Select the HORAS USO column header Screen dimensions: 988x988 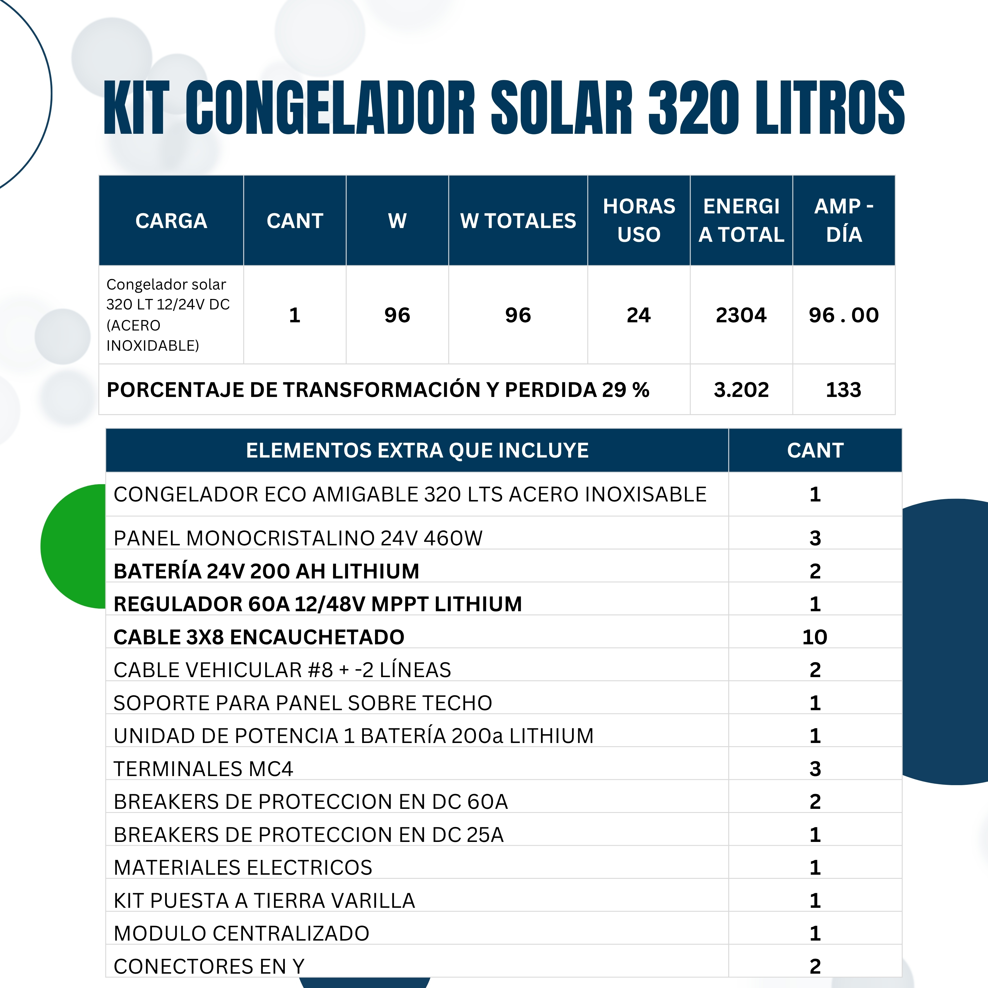click(x=639, y=220)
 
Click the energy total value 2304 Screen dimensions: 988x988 click(x=741, y=315)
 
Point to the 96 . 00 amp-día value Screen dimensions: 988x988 click(x=843, y=315)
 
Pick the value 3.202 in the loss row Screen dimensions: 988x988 click(x=741, y=390)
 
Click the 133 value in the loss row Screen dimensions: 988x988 click(x=843, y=390)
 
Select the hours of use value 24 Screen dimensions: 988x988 click(x=639, y=315)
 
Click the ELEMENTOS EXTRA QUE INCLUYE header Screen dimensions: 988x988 click(x=417, y=451)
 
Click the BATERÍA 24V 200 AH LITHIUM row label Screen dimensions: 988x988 click(x=266, y=571)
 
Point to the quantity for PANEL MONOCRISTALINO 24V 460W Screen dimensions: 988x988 click(x=815, y=538)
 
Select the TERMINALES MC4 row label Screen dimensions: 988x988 click(x=203, y=769)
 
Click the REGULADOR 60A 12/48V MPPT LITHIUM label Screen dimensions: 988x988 click(x=317, y=604)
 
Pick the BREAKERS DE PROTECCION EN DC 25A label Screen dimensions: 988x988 click(x=308, y=835)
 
